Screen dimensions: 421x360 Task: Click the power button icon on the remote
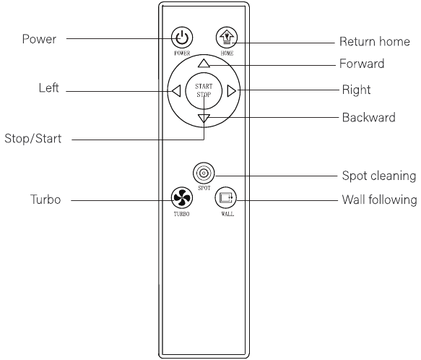coord(182,38)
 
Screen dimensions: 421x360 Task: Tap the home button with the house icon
coord(227,38)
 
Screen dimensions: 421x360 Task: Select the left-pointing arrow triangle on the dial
coord(176,91)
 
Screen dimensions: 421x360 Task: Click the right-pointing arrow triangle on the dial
coord(232,91)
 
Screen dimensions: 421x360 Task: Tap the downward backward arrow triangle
coord(204,119)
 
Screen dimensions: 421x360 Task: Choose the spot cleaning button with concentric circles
coord(204,173)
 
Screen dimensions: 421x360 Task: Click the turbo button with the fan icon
coord(182,197)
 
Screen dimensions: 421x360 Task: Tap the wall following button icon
coord(226,197)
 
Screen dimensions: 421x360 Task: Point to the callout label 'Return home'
coord(375,42)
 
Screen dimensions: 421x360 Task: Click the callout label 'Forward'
coord(362,64)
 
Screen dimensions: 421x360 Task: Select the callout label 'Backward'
coord(368,118)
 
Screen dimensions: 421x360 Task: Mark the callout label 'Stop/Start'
coord(33,139)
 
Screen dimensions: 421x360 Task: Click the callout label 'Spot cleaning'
coord(379,176)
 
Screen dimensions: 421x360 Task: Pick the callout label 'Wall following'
coord(379,200)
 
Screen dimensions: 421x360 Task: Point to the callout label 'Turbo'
coord(45,200)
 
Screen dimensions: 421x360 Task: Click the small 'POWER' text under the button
coord(182,53)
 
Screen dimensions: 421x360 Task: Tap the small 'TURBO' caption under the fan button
coord(181,214)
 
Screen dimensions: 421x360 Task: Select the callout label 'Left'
coord(48,88)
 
